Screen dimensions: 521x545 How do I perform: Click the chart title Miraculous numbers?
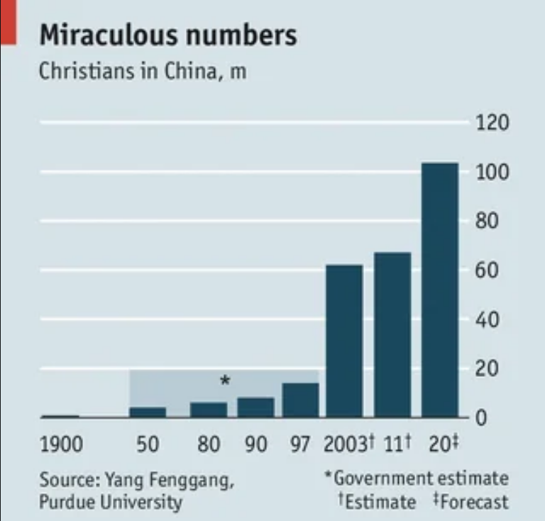168,34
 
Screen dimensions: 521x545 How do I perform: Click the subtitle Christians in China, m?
143,72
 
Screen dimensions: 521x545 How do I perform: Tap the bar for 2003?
344,341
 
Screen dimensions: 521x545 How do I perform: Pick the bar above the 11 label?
392,334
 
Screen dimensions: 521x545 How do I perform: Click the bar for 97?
300,400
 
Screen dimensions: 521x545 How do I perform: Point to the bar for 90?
255,407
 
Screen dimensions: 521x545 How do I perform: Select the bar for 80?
209,410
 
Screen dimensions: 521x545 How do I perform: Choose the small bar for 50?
148,412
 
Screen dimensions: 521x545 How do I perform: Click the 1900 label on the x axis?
60,446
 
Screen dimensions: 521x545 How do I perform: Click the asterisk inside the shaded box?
225,381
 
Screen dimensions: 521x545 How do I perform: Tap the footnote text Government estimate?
422,478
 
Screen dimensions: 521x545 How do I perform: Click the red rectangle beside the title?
7,21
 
